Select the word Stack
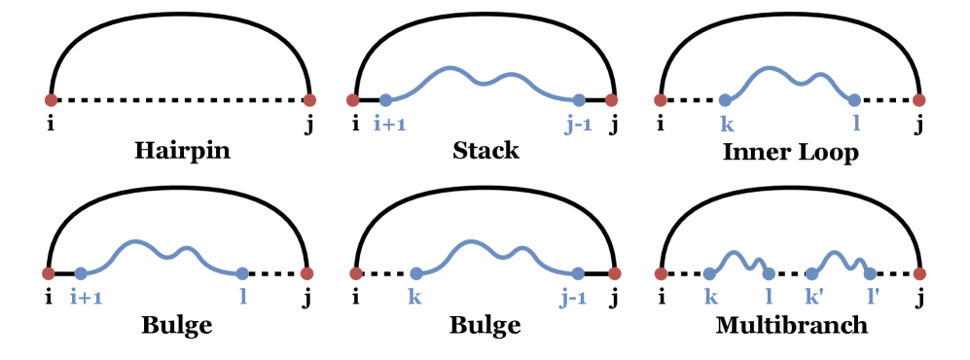pos(485,151)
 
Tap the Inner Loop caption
pos(791,153)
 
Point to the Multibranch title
pos(791,324)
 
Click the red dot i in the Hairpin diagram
pos(51,99)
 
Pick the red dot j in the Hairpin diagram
pos(309,99)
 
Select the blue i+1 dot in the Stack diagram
pos(385,99)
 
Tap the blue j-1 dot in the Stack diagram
pos(579,99)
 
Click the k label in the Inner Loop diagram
pos(725,124)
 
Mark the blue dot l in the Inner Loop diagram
pos(854,99)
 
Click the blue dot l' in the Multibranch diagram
pos(870,273)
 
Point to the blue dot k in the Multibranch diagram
pos(710,273)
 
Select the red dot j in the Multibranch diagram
pos(919,273)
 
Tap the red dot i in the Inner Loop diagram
pos(661,99)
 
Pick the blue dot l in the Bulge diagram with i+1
pos(242,273)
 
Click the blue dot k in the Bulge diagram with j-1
pos(416,273)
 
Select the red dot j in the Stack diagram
pos(611,99)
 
